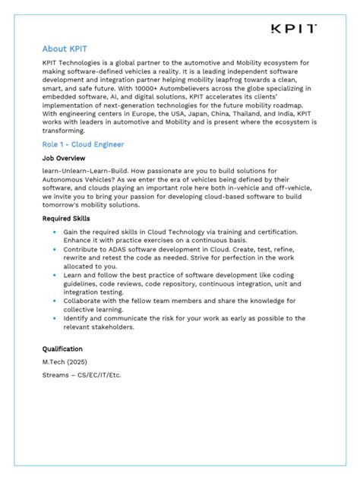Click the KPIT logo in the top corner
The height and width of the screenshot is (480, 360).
pyautogui.click(x=293, y=29)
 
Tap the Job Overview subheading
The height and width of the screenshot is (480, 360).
pyautogui.click(x=65, y=158)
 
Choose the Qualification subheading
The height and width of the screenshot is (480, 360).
pyautogui.click(x=62, y=349)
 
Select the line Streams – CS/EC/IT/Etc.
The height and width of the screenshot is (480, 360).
pyautogui.click(x=82, y=375)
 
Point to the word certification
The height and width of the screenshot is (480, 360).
pyautogui.click(x=271, y=232)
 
